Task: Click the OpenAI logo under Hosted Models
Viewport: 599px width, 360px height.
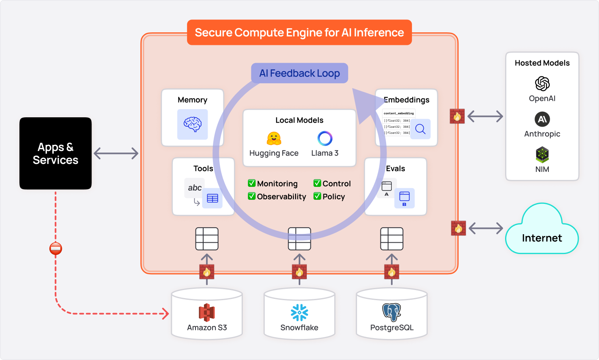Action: click(x=542, y=84)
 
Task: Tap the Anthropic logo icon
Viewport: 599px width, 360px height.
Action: click(x=542, y=119)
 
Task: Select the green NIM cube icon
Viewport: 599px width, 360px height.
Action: click(x=542, y=155)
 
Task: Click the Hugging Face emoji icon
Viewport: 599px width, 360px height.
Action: click(x=274, y=138)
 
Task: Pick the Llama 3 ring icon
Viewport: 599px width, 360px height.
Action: click(x=325, y=138)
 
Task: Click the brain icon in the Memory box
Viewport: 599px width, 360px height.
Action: click(x=193, y=124)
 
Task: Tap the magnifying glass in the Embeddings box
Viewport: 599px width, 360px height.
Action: click(x=421, y=129)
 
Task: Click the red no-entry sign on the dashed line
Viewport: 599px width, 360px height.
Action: click(x=55, y=248)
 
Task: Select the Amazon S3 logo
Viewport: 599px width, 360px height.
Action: click(x=207, y=312)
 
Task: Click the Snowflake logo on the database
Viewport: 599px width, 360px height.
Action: click(x=299, y=312)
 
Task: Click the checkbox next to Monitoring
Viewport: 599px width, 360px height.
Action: click(x=252, y=183)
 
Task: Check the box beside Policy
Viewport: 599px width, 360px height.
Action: click(x=317, y=196)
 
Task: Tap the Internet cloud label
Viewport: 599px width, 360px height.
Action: click(x=542, y=238)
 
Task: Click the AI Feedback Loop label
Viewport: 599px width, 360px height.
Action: click(x=299, y=73)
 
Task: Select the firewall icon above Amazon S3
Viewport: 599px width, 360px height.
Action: click(x=207, y=271)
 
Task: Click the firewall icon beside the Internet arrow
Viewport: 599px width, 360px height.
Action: click(x=459, y=228)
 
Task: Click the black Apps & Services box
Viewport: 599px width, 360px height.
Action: click(x=55, y=153)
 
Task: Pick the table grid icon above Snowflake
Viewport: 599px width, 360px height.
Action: click(x=299, y=239)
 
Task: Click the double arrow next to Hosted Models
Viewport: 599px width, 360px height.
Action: click(x=485, y=116)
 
